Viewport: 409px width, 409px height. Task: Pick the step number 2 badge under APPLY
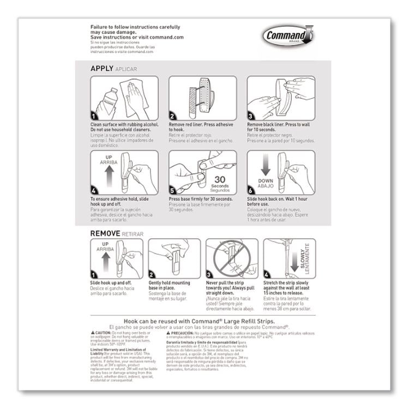(173, 116)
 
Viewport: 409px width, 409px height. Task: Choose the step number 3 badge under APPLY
(251, 116)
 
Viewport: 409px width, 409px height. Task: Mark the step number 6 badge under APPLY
(251, 191)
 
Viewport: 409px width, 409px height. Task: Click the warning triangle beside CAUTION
(92, 332)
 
